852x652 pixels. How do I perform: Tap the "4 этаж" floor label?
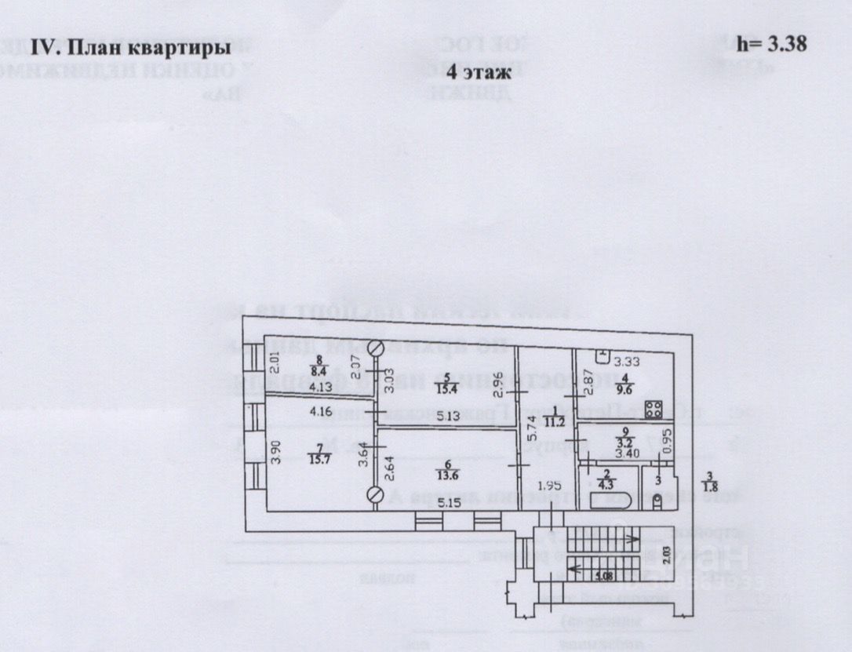pos(479,72)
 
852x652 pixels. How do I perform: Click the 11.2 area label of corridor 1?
pos(556,419)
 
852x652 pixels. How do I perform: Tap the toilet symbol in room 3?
pos(657,499)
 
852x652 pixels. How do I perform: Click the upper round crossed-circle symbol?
pos(377,347)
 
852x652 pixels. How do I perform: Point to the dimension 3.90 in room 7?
pos(274,453)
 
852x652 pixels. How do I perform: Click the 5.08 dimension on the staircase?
pos(603,577)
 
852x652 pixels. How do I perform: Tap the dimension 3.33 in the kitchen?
pos(627,362)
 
